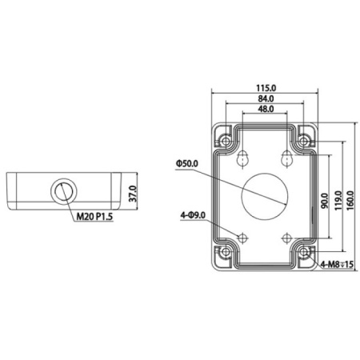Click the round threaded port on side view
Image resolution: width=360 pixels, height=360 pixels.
(62, 190)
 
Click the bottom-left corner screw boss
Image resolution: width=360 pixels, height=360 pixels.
(226, 254)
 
